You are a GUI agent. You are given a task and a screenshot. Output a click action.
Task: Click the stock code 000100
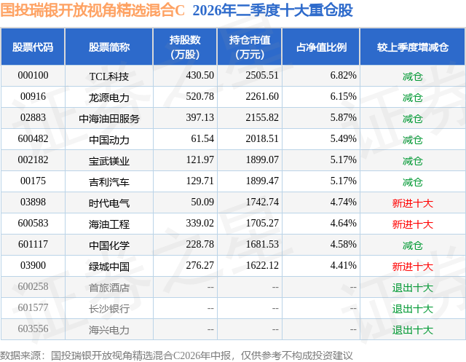33,76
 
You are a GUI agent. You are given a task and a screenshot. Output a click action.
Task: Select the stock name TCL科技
109,76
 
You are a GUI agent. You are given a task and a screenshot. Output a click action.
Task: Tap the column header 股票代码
33,47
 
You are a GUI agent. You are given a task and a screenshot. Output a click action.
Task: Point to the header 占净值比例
321,47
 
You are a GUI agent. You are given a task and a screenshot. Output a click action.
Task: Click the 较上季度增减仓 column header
413,47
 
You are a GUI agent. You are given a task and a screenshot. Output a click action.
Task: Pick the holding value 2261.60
262,97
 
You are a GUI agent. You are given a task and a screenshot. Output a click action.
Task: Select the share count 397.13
200,118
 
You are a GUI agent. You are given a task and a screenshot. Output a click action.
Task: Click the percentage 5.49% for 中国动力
343,139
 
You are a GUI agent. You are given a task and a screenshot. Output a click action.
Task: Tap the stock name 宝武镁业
109,161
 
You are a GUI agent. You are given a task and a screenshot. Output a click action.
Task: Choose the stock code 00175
33,181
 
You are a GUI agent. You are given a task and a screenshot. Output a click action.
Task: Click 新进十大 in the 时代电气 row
413,203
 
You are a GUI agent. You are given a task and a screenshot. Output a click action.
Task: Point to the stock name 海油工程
109,224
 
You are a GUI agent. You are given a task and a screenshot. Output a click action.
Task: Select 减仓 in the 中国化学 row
413,245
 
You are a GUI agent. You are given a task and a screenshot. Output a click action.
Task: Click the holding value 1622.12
262,265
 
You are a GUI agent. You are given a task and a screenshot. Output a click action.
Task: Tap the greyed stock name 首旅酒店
109,288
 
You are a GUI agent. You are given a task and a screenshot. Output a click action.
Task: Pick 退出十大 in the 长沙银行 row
413,309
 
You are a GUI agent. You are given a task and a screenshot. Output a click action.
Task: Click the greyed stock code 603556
33,328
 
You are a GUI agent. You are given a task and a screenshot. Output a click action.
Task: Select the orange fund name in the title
92,10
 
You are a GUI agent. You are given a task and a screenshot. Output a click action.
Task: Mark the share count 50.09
202,202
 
